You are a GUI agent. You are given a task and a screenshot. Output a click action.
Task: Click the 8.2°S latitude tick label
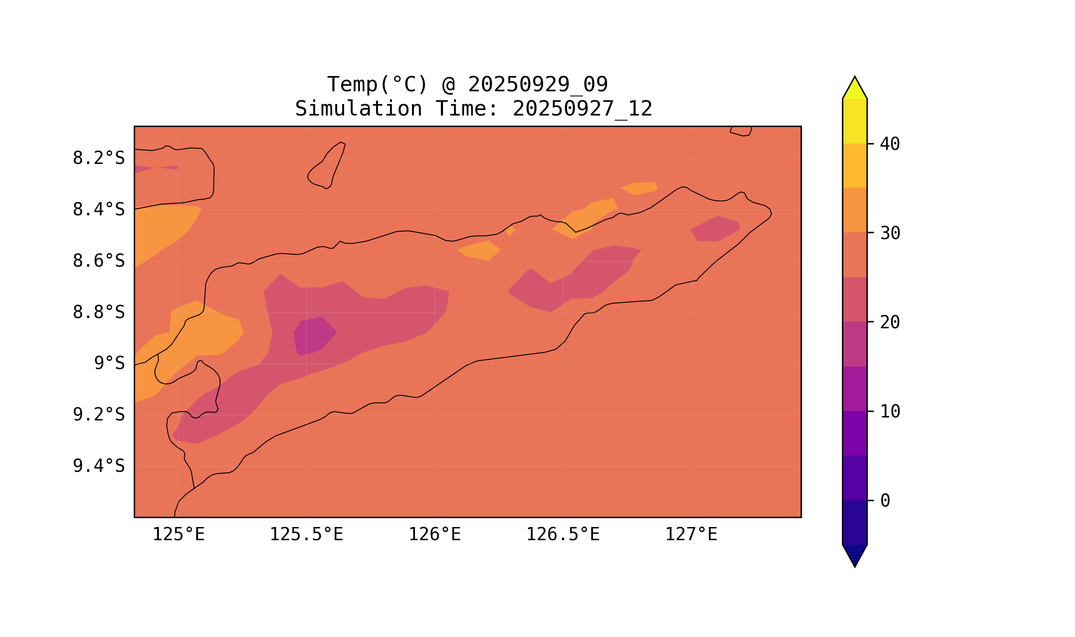[98, 158]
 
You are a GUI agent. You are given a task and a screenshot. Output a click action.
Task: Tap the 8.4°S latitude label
[98, 210]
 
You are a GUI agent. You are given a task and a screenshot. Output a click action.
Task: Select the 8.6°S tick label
[98, 261]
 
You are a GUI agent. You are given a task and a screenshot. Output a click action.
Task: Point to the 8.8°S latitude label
[98, 313]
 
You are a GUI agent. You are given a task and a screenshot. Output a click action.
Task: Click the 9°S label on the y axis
[109, 364]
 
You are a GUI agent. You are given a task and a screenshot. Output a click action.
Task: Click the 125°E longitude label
[178, 535]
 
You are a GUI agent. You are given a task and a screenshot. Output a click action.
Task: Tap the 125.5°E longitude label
[306, 535]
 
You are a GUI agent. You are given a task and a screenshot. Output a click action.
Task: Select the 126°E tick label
[435, 535]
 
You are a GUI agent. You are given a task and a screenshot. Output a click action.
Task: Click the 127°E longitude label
[691, 535]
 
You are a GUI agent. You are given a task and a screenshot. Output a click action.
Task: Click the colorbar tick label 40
[889, 144]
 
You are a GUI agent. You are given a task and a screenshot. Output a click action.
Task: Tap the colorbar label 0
[885, 501]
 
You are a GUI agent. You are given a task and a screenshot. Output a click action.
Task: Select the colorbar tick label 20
[889, 322]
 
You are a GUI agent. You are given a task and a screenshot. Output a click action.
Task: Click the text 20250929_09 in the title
[538, 84]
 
